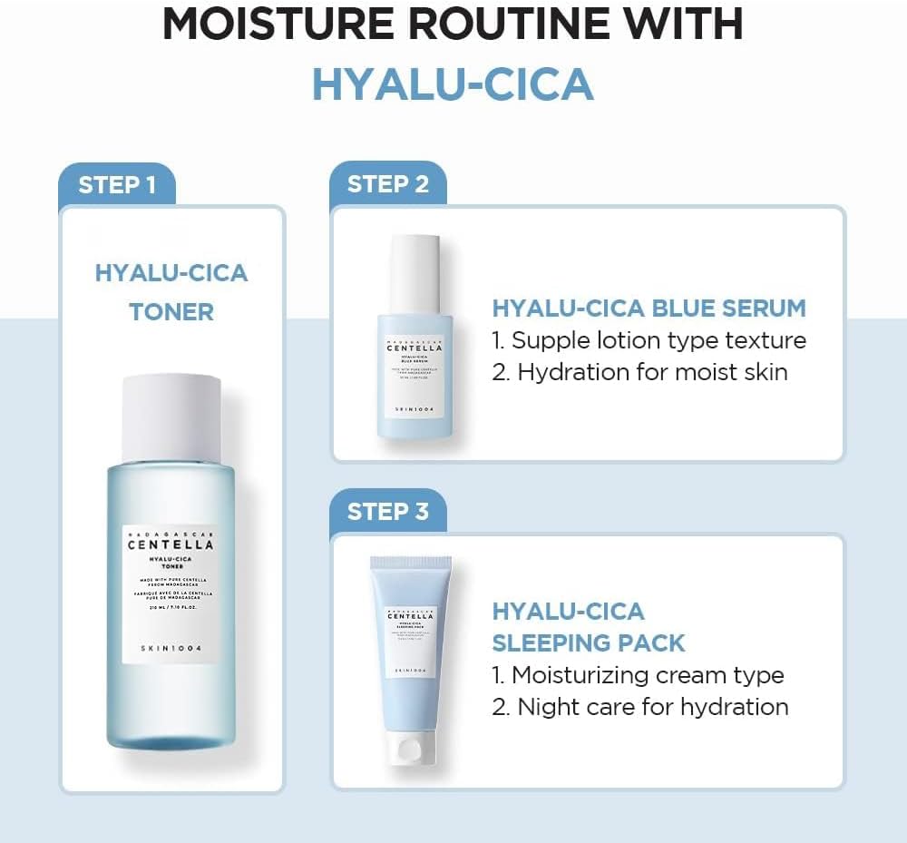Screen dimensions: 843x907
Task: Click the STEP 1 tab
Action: tap(116, 185)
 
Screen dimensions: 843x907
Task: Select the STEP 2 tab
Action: tap(388, 184)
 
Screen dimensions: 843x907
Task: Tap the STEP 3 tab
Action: tap(388, 512)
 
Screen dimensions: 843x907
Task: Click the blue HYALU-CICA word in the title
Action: tap(453, 83)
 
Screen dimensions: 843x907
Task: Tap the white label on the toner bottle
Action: tap(171, 594)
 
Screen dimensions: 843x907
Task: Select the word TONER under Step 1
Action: tap(171, 312)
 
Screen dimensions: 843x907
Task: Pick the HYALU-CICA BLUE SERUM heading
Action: tap(649, 309)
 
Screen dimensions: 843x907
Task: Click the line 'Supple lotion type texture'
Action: tap(649, 341)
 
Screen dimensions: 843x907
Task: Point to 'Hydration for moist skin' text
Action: tap(639, 372)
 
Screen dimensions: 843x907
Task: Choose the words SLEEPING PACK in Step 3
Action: tap(589, 643)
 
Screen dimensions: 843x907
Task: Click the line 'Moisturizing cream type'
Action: tap(638, 675)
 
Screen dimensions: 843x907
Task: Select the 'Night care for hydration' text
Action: tap(639, 707)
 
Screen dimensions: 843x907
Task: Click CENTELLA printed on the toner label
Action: tap(171, 545)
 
